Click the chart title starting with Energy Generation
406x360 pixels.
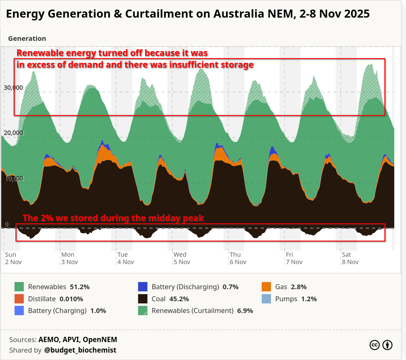[x=187, y=14]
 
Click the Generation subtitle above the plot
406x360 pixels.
[x=27, y=38]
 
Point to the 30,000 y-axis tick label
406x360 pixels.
[x=13, y=88]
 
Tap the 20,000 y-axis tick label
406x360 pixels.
[x=13, y=133]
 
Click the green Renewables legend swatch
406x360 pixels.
[x=19, y=287]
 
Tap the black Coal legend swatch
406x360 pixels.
[x=143, y=299]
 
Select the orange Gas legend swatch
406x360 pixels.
[x=266, y=287]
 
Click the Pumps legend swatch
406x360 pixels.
[x=266, y=299]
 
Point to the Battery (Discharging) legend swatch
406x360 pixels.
[x=143, y=287]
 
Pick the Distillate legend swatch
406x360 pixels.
[x=19, y=299]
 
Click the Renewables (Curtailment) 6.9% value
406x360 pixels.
[x=245, y=310]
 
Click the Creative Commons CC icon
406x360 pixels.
[x=375, y=345]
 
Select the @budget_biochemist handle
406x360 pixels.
[x=80, y=350]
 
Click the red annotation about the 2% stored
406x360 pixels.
[x=113, y=218]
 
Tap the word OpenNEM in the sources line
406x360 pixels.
[x=100, y=340]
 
